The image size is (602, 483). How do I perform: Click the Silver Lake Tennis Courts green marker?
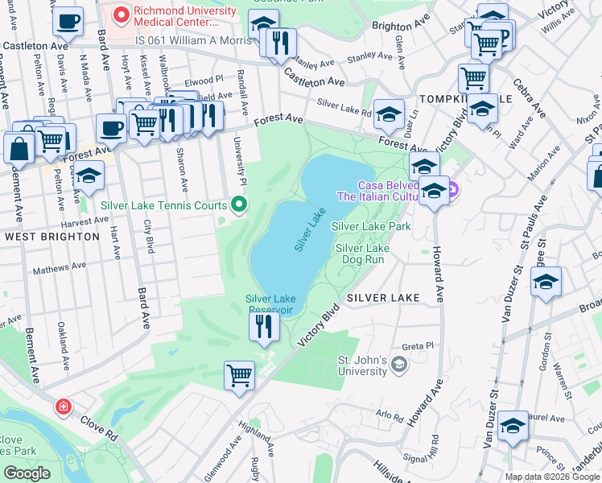pos(238,205)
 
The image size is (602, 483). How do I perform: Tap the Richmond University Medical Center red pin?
pos(122,14)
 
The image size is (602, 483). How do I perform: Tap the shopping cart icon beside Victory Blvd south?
pos(239,374)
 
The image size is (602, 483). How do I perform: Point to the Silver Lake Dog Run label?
pos(362,254)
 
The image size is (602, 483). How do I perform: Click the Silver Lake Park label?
pos(371,227)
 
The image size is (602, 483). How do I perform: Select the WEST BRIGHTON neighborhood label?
pos(52,237)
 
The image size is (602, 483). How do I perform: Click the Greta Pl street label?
pos(418,345)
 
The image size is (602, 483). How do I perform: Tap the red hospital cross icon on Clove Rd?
pos(63,407)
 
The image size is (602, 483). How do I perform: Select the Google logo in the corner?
pos(27,473)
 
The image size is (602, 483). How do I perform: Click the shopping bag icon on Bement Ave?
pos(19,148)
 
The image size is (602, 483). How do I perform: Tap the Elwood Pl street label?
pos(203,80)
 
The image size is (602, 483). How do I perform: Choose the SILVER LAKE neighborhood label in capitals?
pos(383,298)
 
